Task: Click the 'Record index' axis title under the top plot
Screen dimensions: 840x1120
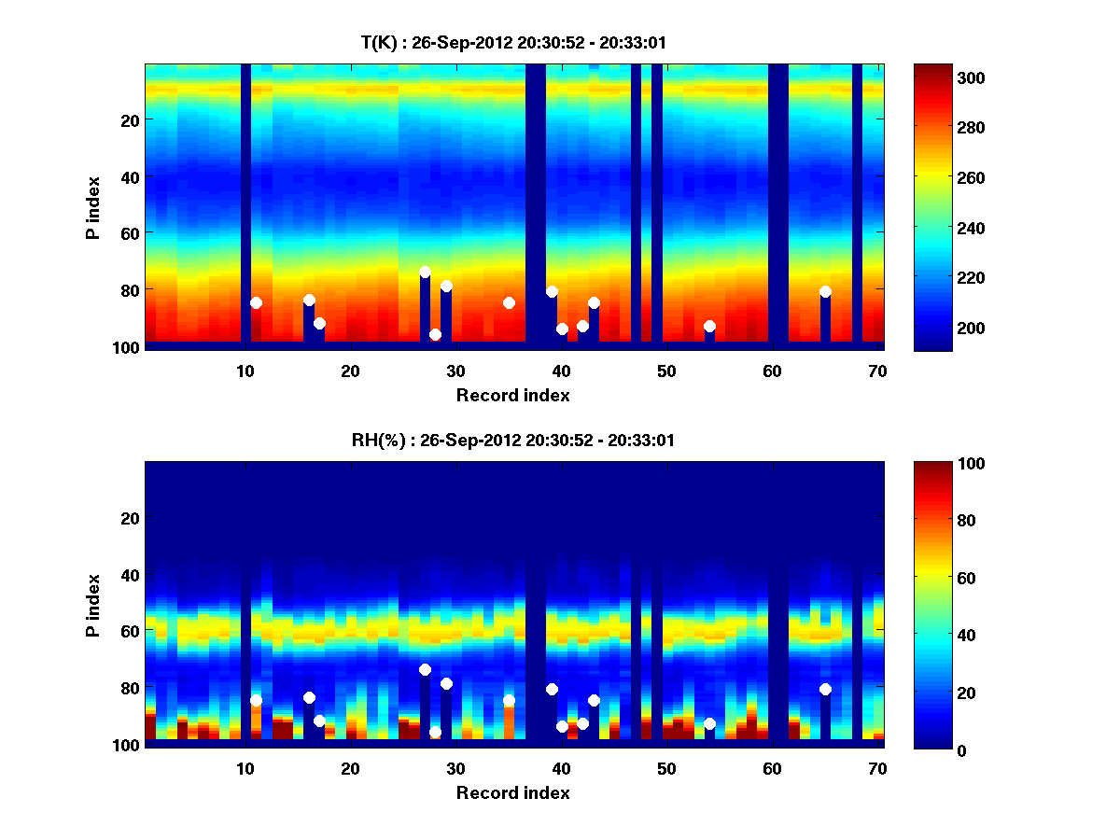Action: click(x=512, y=395)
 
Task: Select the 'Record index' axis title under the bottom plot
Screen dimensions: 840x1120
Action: click(x=512, y=792)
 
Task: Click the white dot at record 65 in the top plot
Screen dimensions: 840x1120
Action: click(x=825, y=291)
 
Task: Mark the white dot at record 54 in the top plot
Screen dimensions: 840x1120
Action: click(x=709, y=326)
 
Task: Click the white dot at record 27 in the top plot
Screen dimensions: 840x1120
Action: click(x=425, y=272)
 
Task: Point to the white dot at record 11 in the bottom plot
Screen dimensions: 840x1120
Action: click(x=256, y=700)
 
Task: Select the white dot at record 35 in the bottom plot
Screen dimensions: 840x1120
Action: click(x=509, y=700)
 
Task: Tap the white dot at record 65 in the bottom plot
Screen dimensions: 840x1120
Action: click(x=825, y=689)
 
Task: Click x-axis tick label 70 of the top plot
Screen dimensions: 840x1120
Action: click(x=878, y=371)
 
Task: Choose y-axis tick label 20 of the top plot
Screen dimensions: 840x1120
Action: click(x=129, y=119)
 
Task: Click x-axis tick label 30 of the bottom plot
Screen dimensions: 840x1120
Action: click(x=456, y=768)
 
